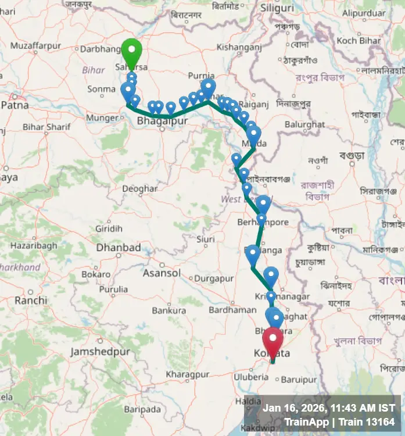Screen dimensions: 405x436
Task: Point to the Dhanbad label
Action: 118,248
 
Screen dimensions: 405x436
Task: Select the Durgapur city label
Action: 213,278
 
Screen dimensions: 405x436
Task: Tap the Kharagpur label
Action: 187,375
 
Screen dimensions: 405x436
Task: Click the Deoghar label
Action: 139,189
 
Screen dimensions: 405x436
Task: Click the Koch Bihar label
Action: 358,41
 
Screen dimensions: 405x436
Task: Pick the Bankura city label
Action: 169,310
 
